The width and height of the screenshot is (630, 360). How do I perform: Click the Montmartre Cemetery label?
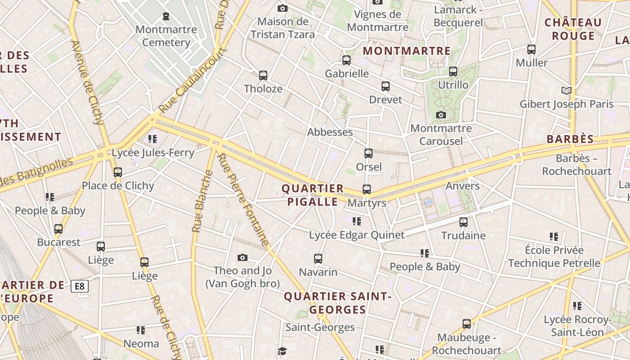tap(166, 36)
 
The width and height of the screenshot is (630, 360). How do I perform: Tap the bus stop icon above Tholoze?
tap(263, 75)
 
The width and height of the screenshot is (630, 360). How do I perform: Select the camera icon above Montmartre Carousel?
tap(441, 115)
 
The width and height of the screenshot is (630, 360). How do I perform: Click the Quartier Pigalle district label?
tap(312, 195)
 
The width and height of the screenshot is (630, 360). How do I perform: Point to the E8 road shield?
tap(80, 286)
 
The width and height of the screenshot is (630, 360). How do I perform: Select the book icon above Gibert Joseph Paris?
tap(567, 90)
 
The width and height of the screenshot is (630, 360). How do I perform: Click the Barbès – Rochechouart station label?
tap(576, 165)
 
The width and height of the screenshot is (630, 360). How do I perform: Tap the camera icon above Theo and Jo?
tap(243, 257)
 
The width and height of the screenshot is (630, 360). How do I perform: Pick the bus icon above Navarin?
tap(318, 259)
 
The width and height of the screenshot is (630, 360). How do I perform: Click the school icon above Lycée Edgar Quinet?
tap(357, 221)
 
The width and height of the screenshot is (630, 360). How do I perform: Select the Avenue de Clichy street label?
tap(87, 82)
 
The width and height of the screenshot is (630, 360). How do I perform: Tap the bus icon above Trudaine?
tap(463, 222)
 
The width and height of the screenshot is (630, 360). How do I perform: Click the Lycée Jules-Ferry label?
tap(153, 153)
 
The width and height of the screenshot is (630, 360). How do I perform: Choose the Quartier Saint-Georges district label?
tap(337, 303)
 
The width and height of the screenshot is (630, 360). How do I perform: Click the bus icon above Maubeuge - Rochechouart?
tap(467, 324)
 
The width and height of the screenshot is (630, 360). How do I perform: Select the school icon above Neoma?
tap(141, 330)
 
